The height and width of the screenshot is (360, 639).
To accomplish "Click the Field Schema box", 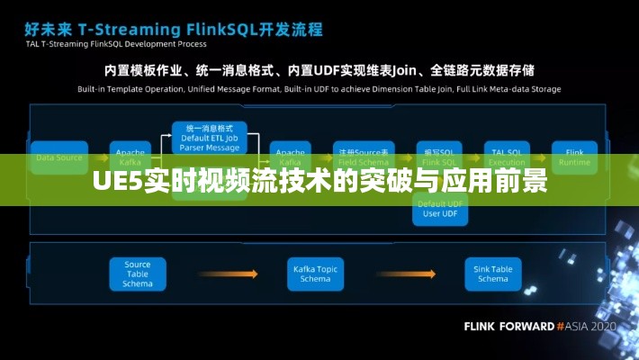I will click(360, 156).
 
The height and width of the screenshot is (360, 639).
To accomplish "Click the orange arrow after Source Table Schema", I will click(227, 274).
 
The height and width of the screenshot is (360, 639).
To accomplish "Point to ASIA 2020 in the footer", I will click(590, 326).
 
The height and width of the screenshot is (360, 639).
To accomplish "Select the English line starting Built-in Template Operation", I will click(319, 90).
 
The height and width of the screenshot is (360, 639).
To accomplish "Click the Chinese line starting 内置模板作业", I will click(319, 69).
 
